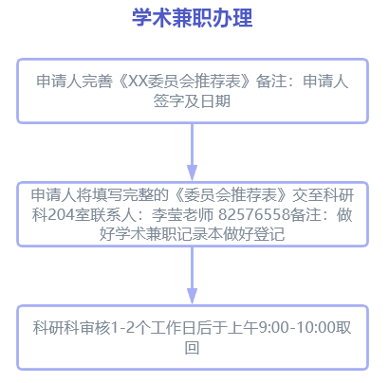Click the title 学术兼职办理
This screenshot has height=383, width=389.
pos(192,18)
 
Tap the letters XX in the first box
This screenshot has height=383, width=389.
pos(139,81)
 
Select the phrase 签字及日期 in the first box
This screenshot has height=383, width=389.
pos(192,101)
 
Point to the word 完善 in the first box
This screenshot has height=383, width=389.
pos(97,81)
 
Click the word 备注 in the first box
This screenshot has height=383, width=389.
pos(271,81)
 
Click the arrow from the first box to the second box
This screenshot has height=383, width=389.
pos(192,152)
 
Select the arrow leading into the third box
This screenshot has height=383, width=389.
pos(192,275)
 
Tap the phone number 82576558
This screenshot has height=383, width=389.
pos(254,214)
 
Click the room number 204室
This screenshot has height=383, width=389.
pos(68,214)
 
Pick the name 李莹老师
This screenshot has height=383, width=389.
pos(183,214)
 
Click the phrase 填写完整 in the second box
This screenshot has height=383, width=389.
pos(121,195)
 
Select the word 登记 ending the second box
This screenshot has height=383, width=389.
pos(269,234)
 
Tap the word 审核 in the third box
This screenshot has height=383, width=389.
pos(95,327)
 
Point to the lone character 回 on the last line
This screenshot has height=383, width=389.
pos(192,348)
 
